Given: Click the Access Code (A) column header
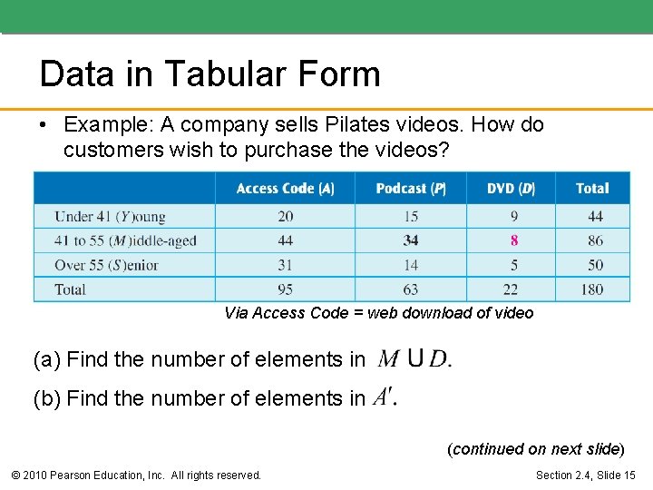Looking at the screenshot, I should pos(285,189).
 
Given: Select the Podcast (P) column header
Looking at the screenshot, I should pos(410,189).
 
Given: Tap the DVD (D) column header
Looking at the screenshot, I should pos(511,189).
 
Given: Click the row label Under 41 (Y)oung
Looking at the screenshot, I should pos(110,216).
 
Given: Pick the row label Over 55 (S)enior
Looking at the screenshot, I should pos(106,265).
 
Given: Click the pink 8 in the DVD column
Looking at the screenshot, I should pos(514,240).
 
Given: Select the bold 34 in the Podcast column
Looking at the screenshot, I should pos(411,240).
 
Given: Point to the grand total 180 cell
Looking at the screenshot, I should pos(592,289).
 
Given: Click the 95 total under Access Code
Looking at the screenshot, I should pos(285,289).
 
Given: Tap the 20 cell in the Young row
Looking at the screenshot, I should pos(285,216).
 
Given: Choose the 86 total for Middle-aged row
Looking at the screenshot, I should pos(595,240).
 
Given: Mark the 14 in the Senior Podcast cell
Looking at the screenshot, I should pos(411,265).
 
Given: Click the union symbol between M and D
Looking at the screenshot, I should pos(414,358).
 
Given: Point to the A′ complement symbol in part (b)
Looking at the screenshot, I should pos(384,397).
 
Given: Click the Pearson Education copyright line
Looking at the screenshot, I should pos(135,475).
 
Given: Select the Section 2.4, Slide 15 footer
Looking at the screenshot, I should pos(585,475).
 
